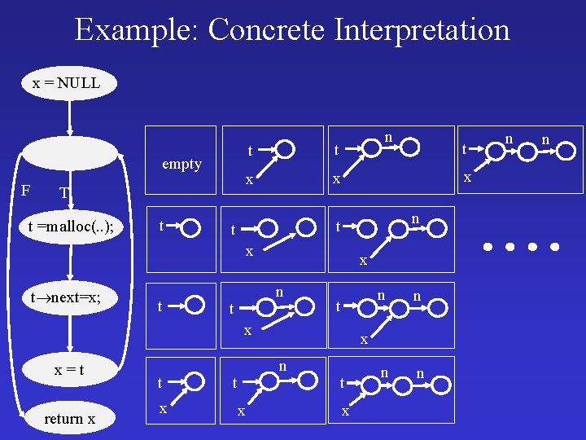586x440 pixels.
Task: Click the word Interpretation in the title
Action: point(422,30)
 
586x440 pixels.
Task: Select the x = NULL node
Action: point(67,83)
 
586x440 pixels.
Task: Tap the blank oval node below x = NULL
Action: point(70,153)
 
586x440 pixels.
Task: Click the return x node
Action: point(69,419)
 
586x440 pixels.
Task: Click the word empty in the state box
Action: point(181,164)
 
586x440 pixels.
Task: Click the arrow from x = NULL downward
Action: point(71,117)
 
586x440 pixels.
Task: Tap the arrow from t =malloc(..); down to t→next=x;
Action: point(72,262)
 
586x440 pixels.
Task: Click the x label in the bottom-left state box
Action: point(163,409)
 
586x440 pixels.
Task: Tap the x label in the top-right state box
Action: point(467,176)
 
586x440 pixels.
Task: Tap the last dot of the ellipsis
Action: point(555,245)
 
